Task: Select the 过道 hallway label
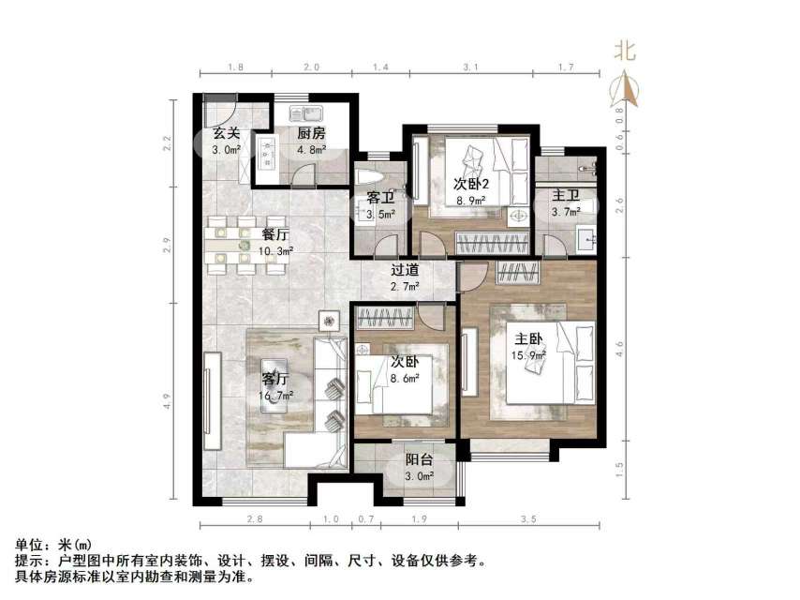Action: click(x=405, y=270)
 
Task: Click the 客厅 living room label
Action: click(x=274, y=380)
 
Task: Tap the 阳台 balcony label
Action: click(x=419, y=460)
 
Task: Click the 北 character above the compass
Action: click(x=625, y=52)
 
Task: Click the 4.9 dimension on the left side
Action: click(x=167, y=400)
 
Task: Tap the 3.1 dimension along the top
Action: click(x=471, y=68)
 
